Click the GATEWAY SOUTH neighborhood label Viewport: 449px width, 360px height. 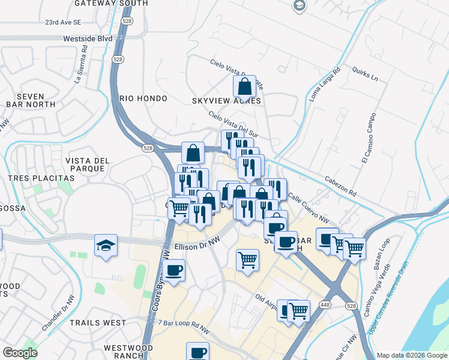111,4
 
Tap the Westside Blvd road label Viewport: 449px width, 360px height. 88,38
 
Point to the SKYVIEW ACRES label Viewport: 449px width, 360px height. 226,101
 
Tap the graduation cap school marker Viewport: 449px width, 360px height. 106,245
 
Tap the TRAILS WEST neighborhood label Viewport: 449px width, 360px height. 98,323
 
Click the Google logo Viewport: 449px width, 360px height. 20,353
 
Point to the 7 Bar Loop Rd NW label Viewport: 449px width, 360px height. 184,327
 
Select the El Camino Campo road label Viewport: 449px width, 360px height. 368,137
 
